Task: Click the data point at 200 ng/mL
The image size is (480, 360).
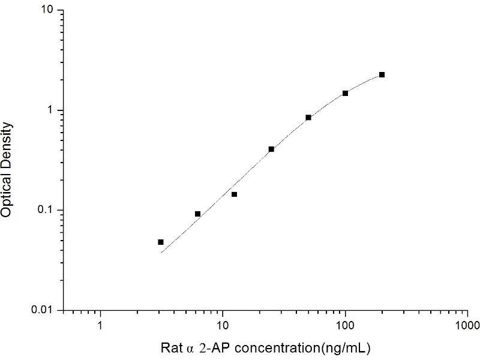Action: (382, 75)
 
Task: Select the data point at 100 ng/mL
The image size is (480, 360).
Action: (345, 93)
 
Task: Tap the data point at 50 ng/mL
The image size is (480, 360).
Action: (308, 118)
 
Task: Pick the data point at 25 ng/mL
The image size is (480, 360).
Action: (271, 149)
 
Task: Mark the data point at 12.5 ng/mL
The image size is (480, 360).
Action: (235, 194)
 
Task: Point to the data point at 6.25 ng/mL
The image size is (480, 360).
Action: (198, 214)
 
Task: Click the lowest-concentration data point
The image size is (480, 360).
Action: (161, 242)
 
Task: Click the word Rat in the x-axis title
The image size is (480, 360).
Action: (169, 347)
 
